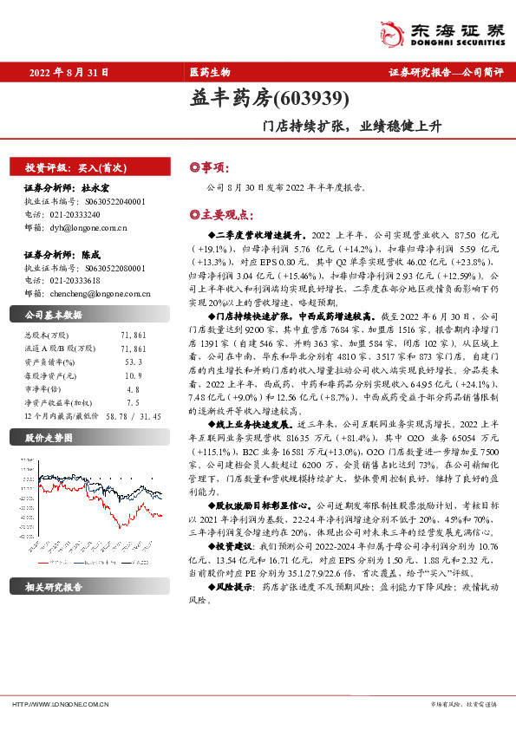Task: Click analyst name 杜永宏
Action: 95,187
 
